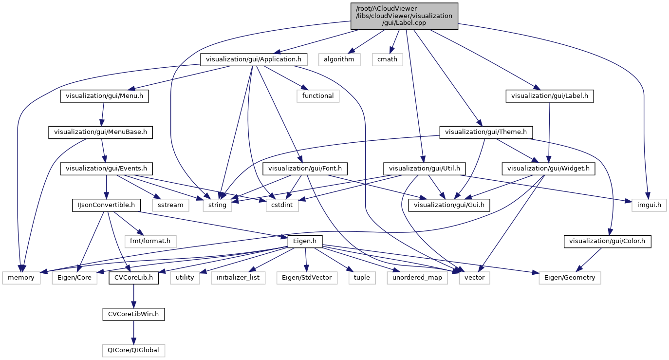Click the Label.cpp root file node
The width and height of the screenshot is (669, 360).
404,16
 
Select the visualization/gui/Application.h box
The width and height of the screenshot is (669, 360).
254,59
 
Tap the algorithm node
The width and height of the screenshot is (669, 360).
339,59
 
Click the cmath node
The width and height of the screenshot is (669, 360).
388,59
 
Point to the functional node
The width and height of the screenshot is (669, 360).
318,96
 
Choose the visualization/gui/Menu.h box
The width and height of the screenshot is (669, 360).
104,96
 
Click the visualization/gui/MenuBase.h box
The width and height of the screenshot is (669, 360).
100,132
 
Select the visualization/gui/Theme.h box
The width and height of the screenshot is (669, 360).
486,132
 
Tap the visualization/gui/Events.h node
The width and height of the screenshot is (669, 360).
106,169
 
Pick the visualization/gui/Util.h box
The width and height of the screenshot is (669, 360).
425,169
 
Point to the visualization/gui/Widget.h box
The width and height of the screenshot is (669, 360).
548,169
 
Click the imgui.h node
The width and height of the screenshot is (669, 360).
649,205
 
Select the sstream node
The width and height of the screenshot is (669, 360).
170,205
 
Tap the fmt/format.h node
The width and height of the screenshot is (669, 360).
150,241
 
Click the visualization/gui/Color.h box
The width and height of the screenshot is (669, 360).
607,241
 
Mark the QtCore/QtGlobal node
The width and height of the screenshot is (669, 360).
133,350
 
